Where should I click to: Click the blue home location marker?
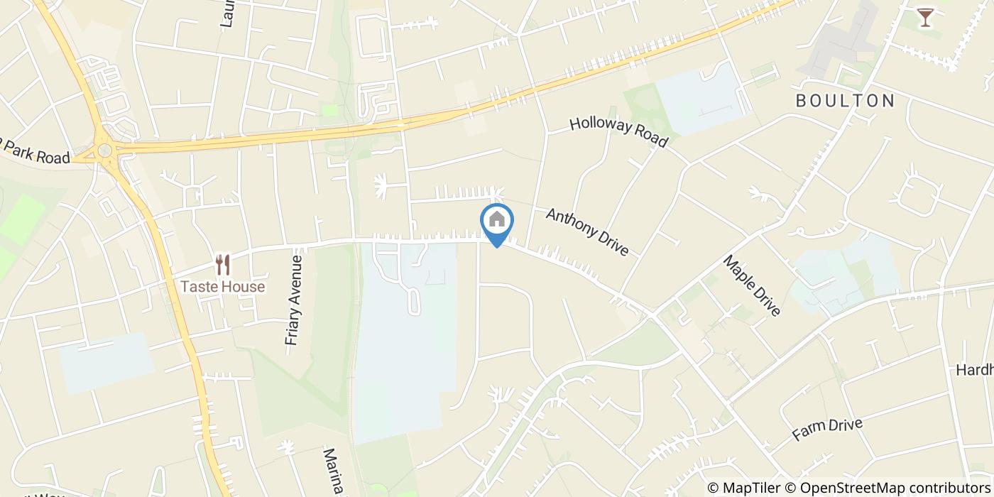pyautogui.click(x=497, y=224)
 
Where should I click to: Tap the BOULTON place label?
pyautogui.click(x=845, y=101)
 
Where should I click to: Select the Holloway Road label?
pyautogui.click(x=618, y=132)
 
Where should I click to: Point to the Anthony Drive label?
pyautogui.click(x=587, y=231)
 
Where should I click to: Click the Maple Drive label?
pyautogui.click(x=752, y=285)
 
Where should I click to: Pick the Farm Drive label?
pyautogui.click(x=827, y=429)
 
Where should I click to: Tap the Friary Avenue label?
pyautogui.click(x=295, y=300)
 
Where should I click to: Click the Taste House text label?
pyautogui.click(x=222, y=287)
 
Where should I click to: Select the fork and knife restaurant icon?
pyautogui.click(x=223, y=265)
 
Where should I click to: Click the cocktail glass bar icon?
pyautogui.click(x=924, y=17)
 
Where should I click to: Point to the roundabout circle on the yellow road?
pyautogui.click(x=105, y=150)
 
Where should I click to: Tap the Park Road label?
pyautogui.click(x=35, y=153)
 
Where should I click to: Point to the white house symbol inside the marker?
pyautogui.click(x=497, y=219)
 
